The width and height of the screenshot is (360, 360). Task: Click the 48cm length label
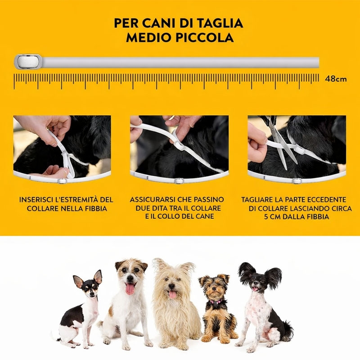pos(336,79)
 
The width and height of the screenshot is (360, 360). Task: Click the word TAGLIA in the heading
pos(220,23)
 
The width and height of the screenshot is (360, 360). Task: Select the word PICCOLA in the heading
pos(205,38)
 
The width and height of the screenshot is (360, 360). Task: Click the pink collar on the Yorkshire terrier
pos(216,301)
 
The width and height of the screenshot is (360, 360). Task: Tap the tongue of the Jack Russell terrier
pos(130,289)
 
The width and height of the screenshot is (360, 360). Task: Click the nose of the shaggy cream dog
pos(171,286)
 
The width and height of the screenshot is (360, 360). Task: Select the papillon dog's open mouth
pos(255,289)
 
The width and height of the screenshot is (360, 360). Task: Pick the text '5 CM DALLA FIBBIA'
pos(297,217)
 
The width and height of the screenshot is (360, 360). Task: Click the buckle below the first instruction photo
pos(62,181)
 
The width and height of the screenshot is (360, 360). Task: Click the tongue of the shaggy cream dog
pos(172,294)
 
